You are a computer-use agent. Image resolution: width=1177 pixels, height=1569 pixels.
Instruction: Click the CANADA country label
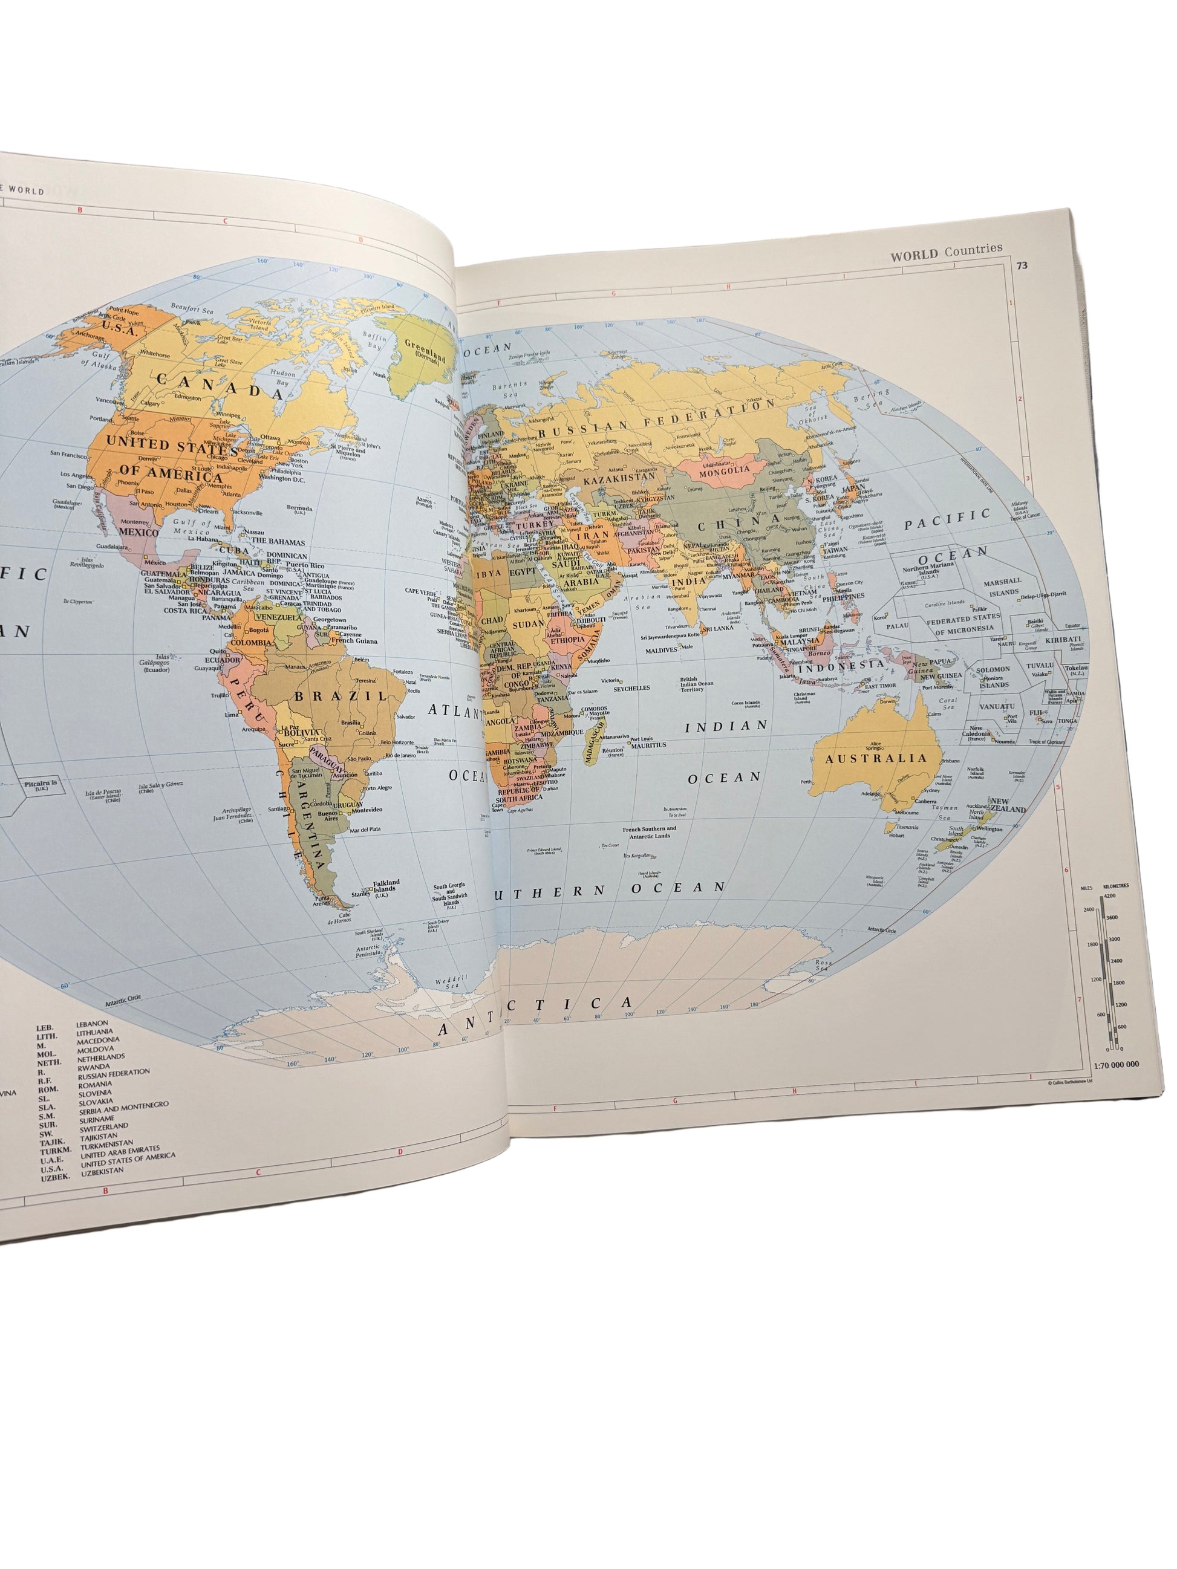click(220, 386)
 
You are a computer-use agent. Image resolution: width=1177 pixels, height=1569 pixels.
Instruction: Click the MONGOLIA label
click(725, 470)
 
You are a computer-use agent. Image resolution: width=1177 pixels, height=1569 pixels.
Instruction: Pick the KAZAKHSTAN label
click(619, 479)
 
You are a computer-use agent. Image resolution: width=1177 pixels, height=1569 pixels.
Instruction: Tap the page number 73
click(1022, 266)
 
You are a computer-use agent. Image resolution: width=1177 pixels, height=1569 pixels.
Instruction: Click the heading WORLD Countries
click(946, 251)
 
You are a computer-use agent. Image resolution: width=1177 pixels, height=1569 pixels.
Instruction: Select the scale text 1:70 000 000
click(1115, 1065)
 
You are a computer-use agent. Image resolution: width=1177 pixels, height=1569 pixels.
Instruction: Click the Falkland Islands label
click(386, 886)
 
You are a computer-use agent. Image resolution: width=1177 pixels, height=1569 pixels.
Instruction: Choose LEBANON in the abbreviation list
click(92, 1024)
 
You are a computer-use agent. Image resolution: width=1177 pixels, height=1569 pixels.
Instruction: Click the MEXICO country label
click(139, 532)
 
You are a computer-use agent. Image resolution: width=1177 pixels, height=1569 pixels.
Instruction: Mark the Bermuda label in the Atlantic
click(299, 508)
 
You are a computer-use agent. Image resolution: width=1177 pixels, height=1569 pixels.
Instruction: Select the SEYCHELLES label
click(631, 688)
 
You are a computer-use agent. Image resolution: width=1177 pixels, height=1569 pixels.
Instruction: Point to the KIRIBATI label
click(1063, 639)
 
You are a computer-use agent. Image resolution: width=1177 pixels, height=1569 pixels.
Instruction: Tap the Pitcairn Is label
click(41, 784)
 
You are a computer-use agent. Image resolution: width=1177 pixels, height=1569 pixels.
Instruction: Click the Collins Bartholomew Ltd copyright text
click(1071, 1082)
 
